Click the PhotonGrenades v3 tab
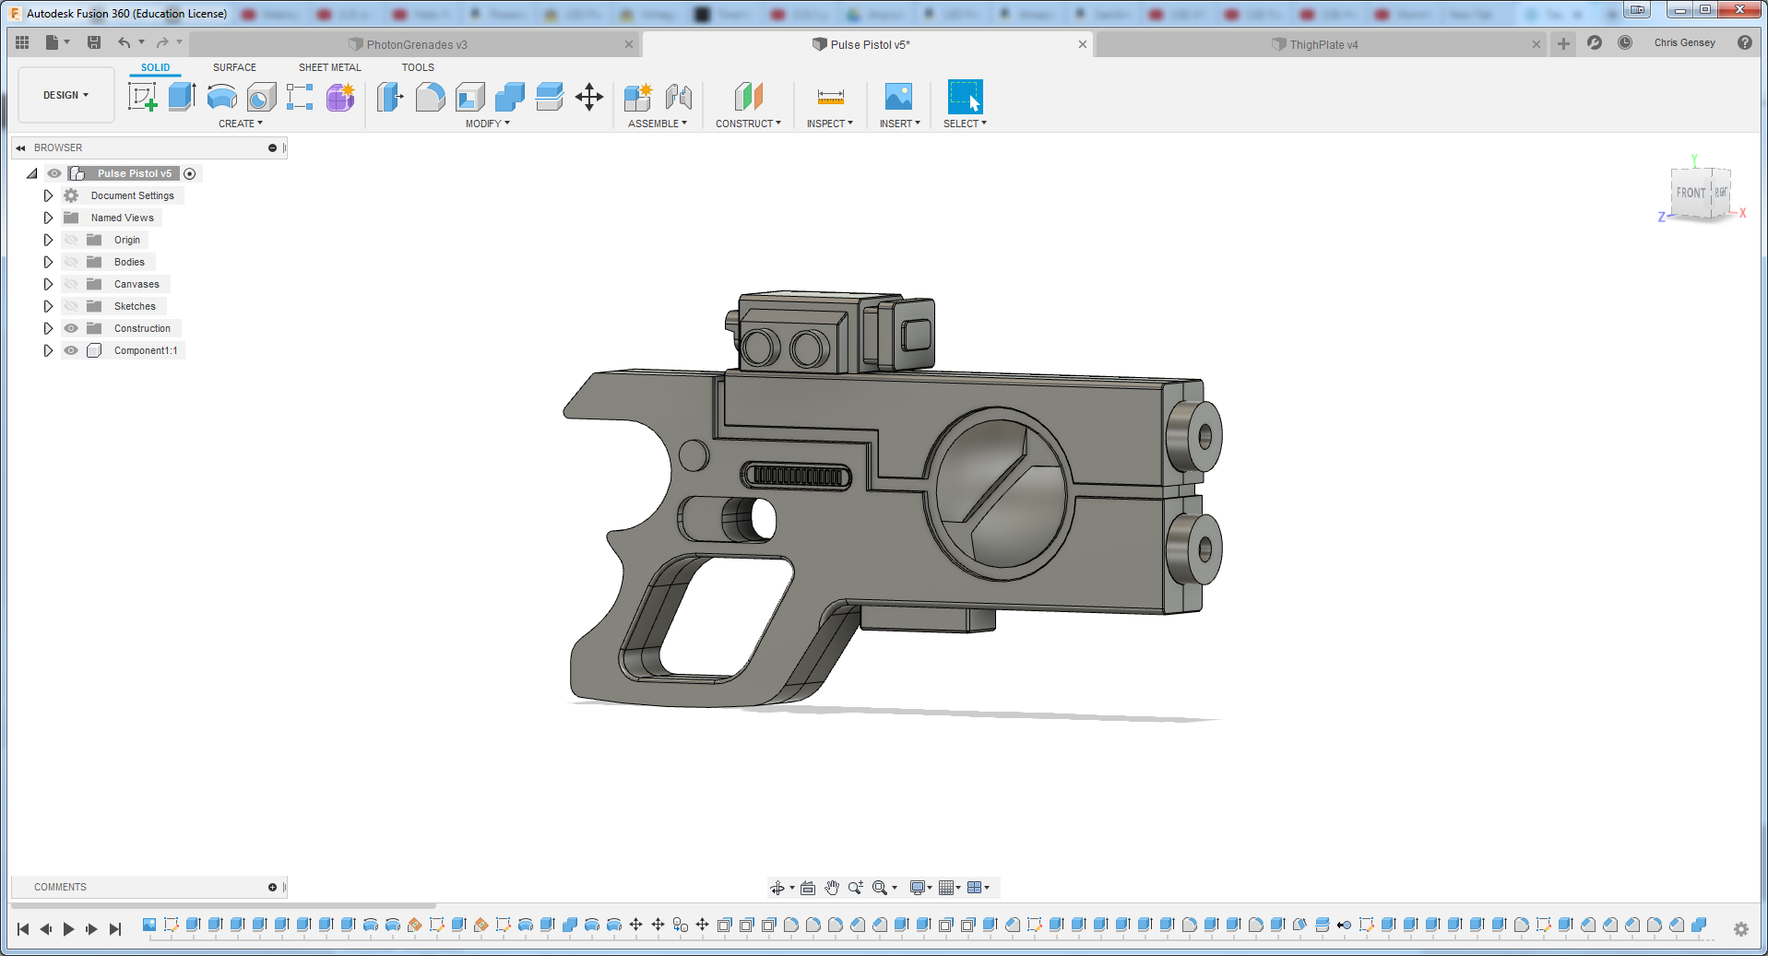pos(416,44)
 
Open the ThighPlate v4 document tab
pos(1323,44)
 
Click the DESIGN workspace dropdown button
pos(65,95)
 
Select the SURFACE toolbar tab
pos(234,67)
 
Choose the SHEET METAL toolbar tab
pos(329,67)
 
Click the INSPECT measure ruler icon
pos(830,97)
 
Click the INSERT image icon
pos(897,97)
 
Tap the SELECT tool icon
pos(965,97)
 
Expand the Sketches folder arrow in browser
pos(48,306)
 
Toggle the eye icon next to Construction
pos(71,328)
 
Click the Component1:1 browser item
pos(145,350)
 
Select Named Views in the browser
pos(122,218)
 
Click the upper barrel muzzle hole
pos(1204,436)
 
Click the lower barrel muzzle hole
pos(1204,549)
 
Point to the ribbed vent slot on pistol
pos(796,477)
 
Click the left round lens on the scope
pos(761,348)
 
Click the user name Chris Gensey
pos(1684,42)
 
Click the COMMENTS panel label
pos(60,887)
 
